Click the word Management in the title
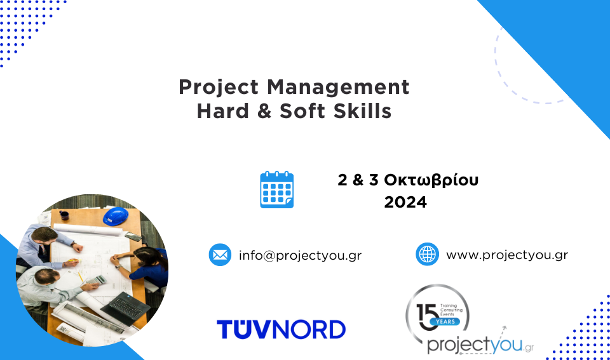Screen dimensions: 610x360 338,88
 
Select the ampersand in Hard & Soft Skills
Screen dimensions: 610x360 264,111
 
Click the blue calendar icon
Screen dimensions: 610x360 276,190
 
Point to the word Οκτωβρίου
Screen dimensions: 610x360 431,180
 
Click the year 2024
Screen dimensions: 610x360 405,202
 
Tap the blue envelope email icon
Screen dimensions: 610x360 220,255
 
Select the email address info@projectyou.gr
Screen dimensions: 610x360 300,255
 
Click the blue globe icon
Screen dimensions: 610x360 427,254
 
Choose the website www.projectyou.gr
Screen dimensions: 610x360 507,255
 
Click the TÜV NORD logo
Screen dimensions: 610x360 281,329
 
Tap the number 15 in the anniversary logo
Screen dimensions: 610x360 428,316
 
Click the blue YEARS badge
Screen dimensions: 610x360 445,321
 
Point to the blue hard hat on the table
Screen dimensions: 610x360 116,216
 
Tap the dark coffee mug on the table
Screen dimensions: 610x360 64,215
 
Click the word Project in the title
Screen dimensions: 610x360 219,88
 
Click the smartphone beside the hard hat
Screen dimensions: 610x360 133,236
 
